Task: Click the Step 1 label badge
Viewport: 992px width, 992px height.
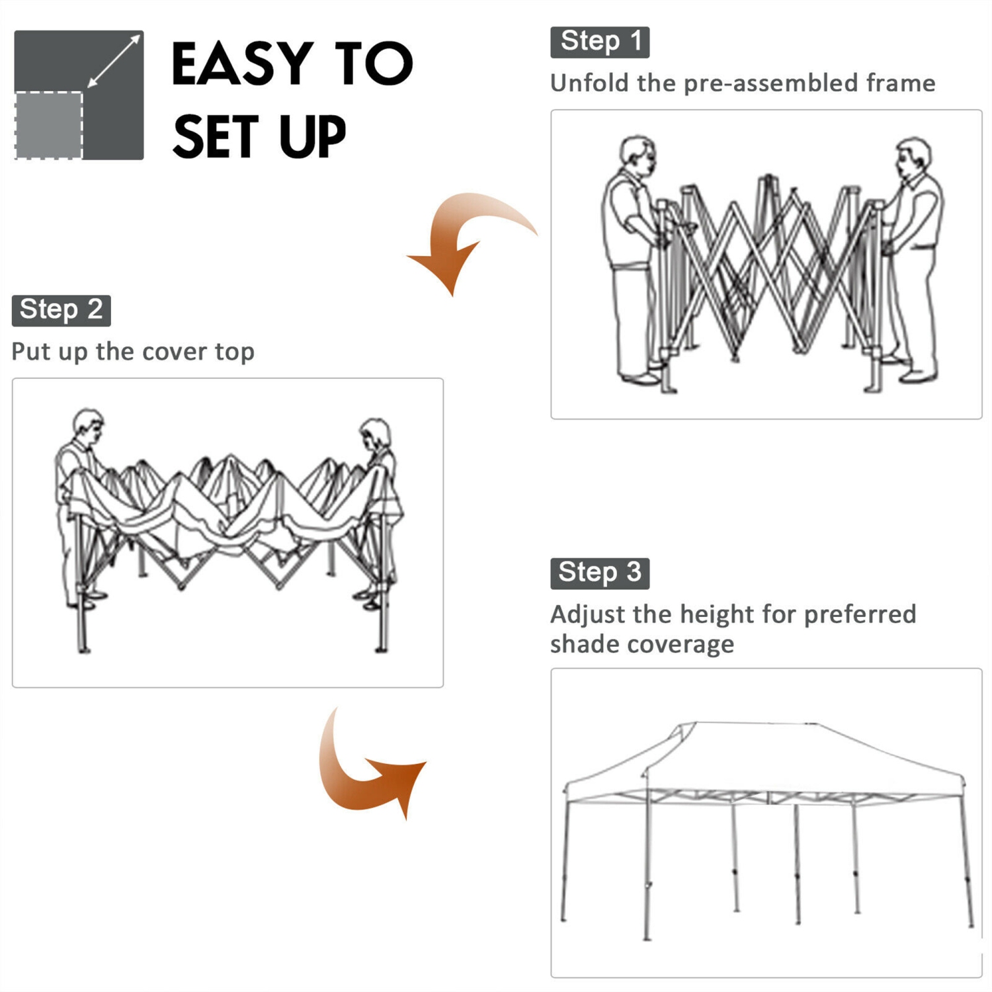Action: [x=600, y=42]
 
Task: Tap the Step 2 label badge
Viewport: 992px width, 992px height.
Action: [x=61, y=310]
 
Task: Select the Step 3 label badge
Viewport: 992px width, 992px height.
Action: [x=599, y=573]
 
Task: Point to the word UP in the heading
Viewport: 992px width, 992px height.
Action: [x=312, y=137]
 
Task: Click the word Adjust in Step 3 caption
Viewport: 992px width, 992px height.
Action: [x=587, y=615]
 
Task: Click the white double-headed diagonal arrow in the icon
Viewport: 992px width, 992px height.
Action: [x=114, y=61]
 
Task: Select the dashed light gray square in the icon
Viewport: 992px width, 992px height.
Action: [x=48, y=126]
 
